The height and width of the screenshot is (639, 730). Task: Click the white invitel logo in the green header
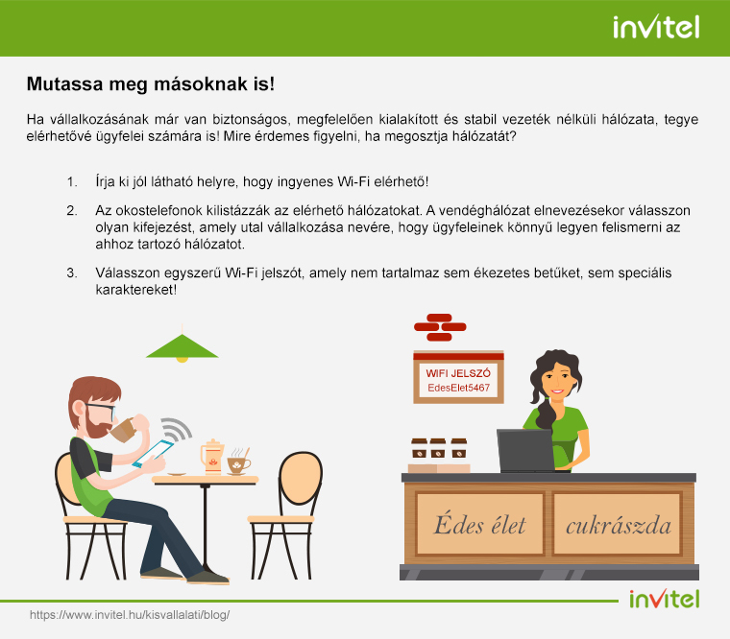click(x=656, y=28)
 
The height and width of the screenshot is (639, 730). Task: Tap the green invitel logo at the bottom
click(x=665, y=599)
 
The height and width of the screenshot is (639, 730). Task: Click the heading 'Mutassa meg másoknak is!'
click(x=151, y=84)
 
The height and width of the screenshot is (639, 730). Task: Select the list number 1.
click(x=72, y=181)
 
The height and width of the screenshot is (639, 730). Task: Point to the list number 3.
click(x=72, y=272)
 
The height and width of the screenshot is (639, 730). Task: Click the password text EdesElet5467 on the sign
click(x=458, y=388)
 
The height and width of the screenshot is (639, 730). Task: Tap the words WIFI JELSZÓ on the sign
click(x=458, y=373)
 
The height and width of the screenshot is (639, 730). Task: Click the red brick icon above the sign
click(x=440, y=327)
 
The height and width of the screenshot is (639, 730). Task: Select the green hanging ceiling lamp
click(x=182, y=347)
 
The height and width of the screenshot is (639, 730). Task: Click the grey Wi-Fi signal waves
click(x=178, y=428)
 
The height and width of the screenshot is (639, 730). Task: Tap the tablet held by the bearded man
click(x=153, y=454)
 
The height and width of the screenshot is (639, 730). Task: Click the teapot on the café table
click(x=212, y=457)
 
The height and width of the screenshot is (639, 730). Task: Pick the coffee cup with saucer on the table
click(x=238, y=463)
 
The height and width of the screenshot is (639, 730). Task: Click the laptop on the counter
click(x=526, y=451)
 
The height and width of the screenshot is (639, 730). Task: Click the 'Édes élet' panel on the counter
click(x=480, y=524)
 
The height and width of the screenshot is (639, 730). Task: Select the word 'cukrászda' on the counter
click(x=619, y=526)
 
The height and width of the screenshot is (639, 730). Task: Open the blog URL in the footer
click(x=130, y=615)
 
